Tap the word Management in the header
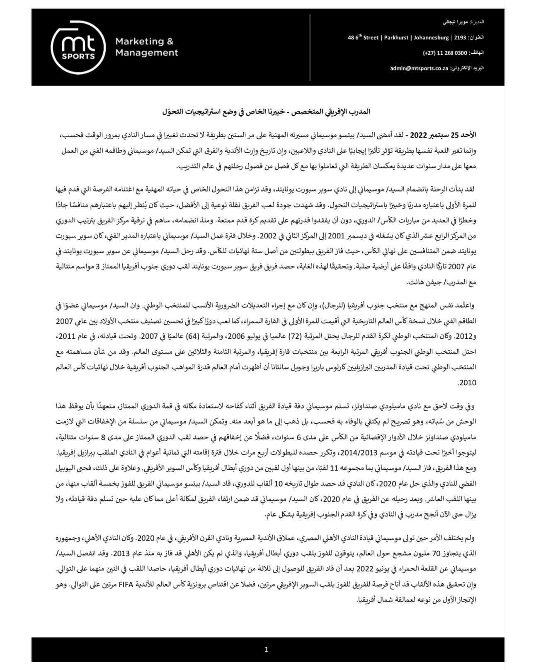(x=147, y=53)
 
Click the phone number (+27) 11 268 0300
(x=441, y=53)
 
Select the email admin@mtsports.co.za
(x=418, y=68)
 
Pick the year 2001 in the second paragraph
(x=291, y=235)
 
